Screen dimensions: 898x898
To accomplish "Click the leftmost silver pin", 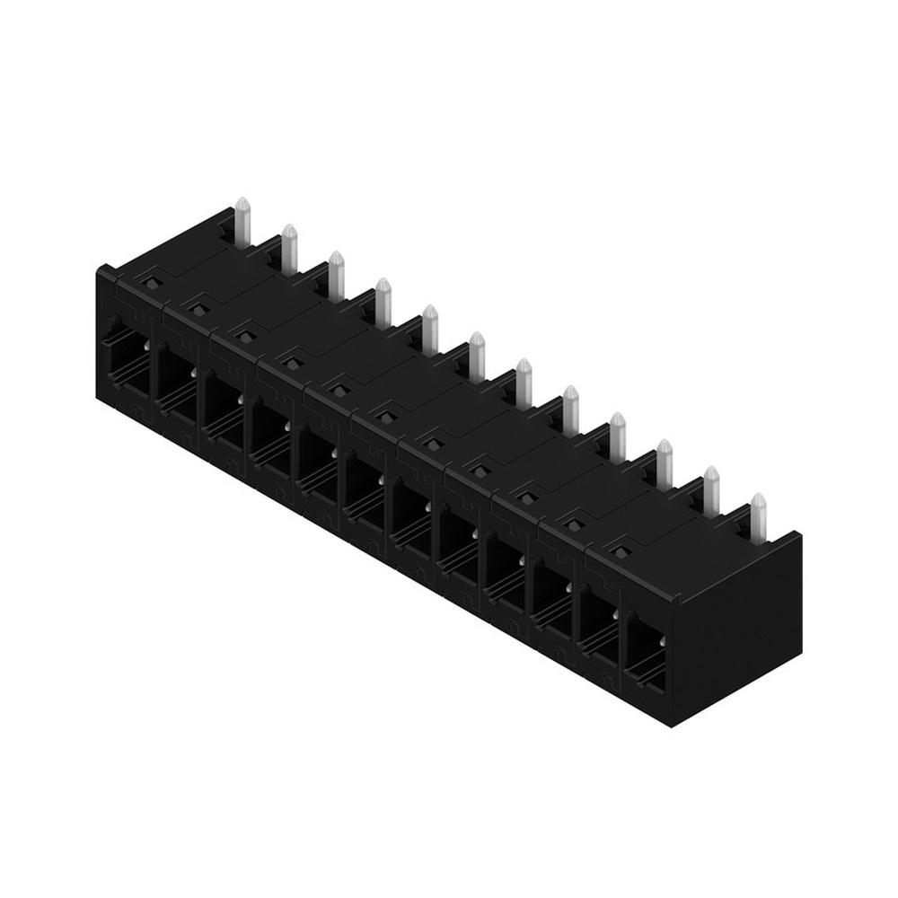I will pyautogui.click(x=242, y=220).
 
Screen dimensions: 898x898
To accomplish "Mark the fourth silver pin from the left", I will pyautogui.click(x=383, y=302).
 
